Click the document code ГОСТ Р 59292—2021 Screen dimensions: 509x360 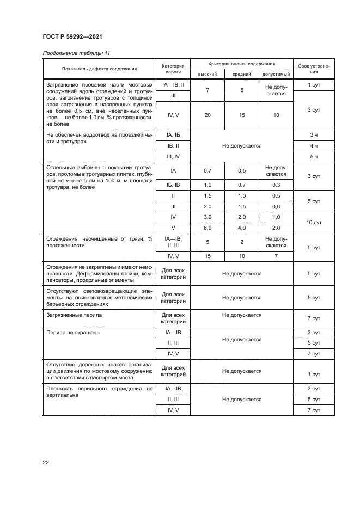(x=72, y=36)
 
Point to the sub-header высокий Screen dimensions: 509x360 (x=208, y=73)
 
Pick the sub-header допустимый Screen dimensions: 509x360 (x=276, y=73)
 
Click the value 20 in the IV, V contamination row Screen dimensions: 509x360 (x=208, y=115)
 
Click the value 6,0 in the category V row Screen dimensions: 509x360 (x=208, y=228)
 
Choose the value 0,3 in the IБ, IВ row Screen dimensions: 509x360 (x=276, y=185)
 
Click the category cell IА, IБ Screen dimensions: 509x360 (x=173, y=134)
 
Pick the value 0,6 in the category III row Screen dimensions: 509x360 (x=276, y=206)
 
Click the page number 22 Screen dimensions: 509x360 (x=46, y=463)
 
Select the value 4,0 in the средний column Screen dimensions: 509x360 (x=242, y=228)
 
